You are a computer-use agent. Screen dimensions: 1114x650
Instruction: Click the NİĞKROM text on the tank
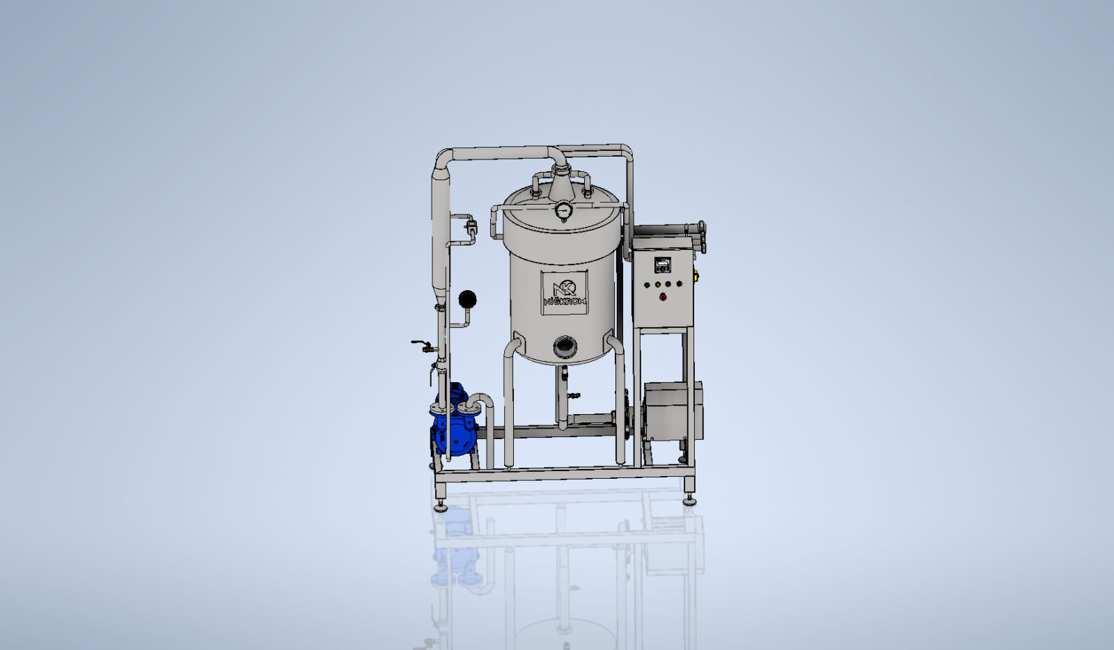click(x=565, y=301)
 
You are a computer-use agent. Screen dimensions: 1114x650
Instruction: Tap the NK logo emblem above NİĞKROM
click(x=565, y=287)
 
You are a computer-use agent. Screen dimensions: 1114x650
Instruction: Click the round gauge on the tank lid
click(x=563, y=210)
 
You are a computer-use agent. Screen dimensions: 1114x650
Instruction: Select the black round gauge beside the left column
click(x=467, y=299)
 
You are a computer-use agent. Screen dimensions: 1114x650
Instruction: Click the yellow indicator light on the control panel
click(x=657, y=285)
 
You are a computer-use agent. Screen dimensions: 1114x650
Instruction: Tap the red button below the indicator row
click(x=663, y=297)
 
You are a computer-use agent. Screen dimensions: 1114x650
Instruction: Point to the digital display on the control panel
click(x=662, y=264)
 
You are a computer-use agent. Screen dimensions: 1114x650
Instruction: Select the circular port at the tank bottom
click(x=565, y=347)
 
